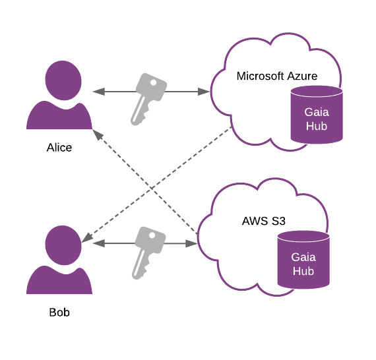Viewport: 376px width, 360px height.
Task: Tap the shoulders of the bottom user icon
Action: (59, 282)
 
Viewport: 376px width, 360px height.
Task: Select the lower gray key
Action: (146, 251)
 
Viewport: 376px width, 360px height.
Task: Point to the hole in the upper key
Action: (156, 84)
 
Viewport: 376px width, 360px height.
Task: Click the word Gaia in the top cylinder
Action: (317, 112)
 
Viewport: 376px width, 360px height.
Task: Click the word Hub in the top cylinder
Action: (317, 126)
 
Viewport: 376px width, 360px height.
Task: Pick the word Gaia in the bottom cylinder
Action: (303, 257)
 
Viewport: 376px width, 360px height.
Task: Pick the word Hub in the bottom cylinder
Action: (303, 271)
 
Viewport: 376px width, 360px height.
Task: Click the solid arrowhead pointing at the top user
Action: (98, 92)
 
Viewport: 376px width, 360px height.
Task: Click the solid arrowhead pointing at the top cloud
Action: (203, 92)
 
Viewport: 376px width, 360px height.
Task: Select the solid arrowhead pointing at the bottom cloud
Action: (191, 243)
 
